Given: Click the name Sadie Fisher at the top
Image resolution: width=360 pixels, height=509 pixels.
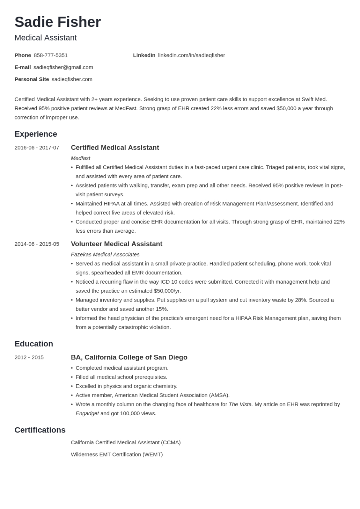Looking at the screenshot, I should (57, 22).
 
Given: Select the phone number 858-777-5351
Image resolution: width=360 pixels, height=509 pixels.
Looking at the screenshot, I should (50, 55).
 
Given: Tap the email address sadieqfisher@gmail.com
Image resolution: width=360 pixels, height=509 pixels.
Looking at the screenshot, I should (63, 67).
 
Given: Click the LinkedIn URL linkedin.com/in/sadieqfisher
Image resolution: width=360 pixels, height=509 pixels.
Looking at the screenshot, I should (191, 55).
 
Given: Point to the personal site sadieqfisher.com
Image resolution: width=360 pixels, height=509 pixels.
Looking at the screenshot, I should (72, 79).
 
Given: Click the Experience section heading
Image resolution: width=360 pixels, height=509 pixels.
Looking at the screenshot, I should (36, 134).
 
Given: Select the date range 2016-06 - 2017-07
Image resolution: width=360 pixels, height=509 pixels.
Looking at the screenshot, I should (37, 147).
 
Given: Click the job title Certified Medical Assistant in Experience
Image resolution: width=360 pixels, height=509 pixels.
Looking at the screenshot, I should (115, 147).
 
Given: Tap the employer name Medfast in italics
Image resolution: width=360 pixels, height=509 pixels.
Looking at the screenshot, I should (80, 158).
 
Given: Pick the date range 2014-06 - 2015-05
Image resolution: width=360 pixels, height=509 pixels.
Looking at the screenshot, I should (37, 244).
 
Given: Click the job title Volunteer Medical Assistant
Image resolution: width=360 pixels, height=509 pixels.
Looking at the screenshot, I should (116, 244).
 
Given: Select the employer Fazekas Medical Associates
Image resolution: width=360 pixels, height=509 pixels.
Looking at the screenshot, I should (105, 254).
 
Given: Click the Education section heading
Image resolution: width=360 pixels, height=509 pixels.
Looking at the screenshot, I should (34, 344).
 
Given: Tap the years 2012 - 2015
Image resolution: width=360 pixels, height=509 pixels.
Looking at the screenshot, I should (29, 357).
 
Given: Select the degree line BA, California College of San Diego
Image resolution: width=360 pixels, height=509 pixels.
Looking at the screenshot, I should (129, 357).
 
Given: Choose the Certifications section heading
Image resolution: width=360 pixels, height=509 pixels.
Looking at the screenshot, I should (40, 430).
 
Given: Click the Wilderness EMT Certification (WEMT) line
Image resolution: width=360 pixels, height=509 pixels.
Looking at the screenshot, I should (117, 454).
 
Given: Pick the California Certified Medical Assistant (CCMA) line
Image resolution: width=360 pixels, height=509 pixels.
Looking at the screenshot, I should (125, 442).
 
